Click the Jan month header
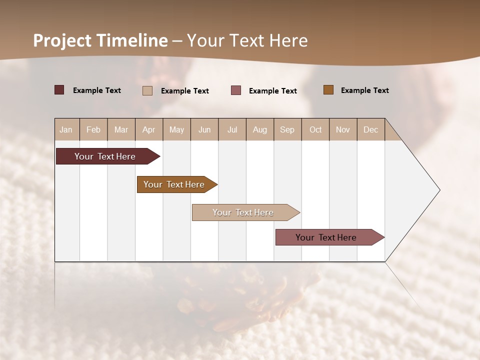click(66, 129)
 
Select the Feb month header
click(93, 129)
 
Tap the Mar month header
click(121, 129)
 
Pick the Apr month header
click(149, 129)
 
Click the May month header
click(176, 129)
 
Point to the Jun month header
click(204, 129)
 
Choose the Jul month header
click(232, 129)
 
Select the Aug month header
click(260, 129)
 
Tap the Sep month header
click(287, 129)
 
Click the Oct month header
click(315, 129)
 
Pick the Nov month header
click(343, 129)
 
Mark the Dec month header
click(370, 129)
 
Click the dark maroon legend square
click(59, 90)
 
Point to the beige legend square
click(147, 90)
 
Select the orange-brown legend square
click(328, 90)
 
